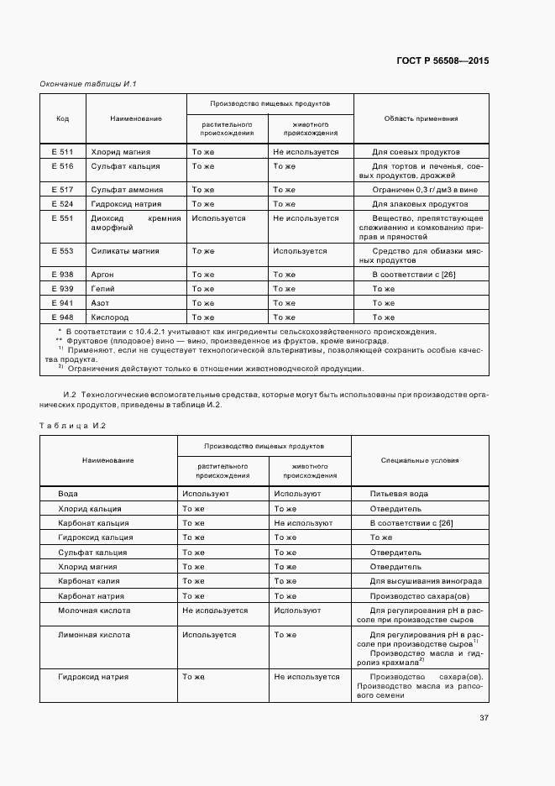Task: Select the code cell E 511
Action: click(62, 152)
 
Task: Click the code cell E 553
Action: click(62, 251)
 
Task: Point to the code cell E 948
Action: click(62, 317)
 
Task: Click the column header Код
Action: click(62, 118)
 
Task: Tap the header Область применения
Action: click(421, 118)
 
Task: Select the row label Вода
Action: click(68, 494)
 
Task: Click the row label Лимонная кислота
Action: click(94, 635)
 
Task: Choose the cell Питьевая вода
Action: click(399, 494)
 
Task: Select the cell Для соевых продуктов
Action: click(416, 152)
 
